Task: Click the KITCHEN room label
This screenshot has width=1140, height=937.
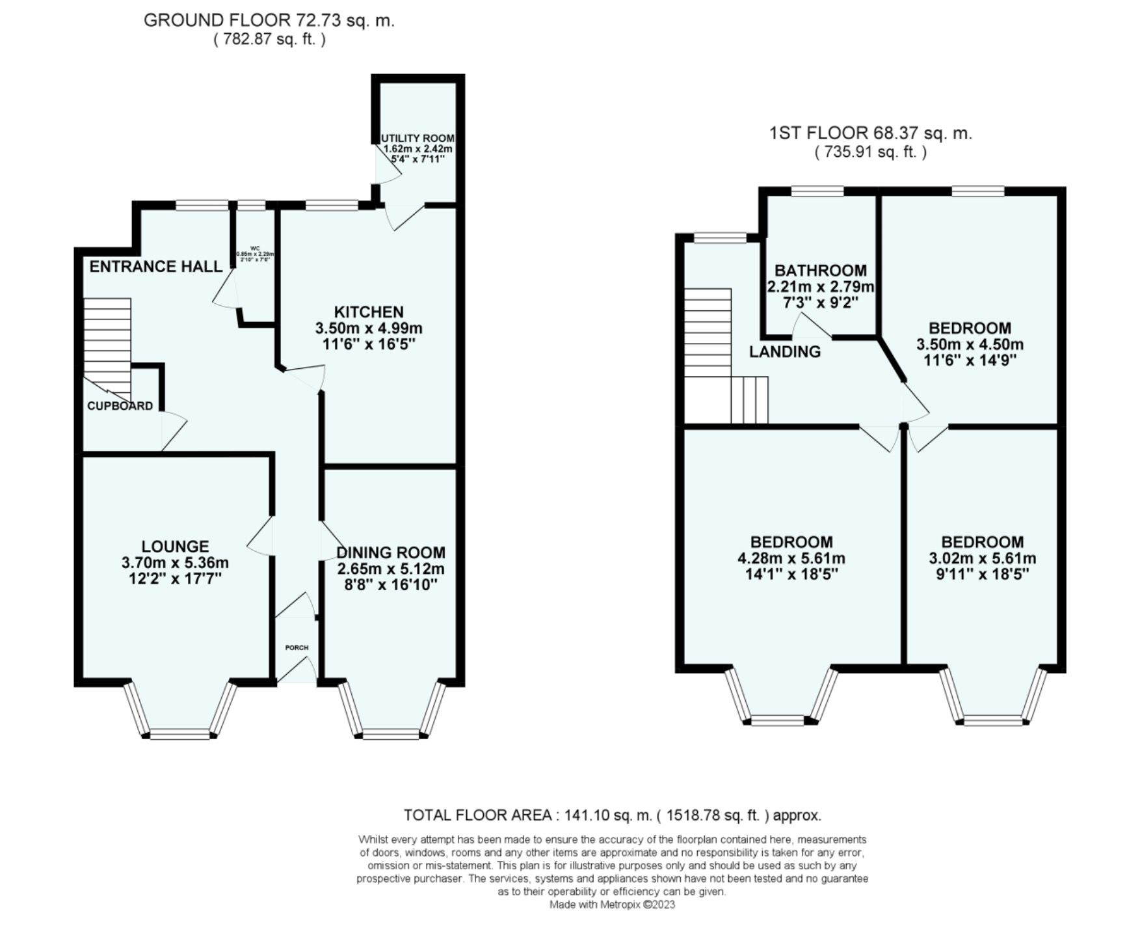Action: pyautogui.click(x=369, y=312)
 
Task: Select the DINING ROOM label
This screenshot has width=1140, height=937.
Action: pyautogui.click(x=391, y=552)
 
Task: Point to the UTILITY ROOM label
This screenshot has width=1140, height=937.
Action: pyautogui.click(x=418, y=139)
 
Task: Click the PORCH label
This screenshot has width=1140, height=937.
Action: pyautogui.click(x=297, y=648)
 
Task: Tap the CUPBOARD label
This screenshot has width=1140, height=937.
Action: pyautogui.click(x=120, y=406)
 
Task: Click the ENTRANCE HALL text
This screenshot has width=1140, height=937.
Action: pyautogui.click(x=155, y=266)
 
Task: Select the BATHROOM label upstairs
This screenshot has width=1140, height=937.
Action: pyautogui.click(x=820, y=270)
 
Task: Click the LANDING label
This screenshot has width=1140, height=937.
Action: pyautogui.click(x=784, y=352)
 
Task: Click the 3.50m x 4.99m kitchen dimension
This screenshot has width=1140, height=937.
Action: pyautogui.click(x=369, y=328)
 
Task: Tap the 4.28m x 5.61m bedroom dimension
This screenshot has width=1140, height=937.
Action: pyautogui.click(x=791, y=558)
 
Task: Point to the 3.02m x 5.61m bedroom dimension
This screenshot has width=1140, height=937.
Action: pyautogui.click(x=982, y=558)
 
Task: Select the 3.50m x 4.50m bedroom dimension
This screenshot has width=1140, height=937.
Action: pyautogui.click(x=970, y=344)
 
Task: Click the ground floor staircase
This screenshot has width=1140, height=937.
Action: pyautogui.click(x=107, y=338)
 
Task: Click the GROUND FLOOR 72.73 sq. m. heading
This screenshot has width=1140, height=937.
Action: pyautogui.click(x=269, y=20)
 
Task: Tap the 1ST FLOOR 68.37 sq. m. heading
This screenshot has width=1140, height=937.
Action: pyautogui.click(x=870, y=133)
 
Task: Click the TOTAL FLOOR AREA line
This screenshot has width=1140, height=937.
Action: pyautogui.click(x=612, y=815)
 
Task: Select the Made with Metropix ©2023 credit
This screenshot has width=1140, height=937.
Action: pyautogui.click(x=612, y=904)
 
